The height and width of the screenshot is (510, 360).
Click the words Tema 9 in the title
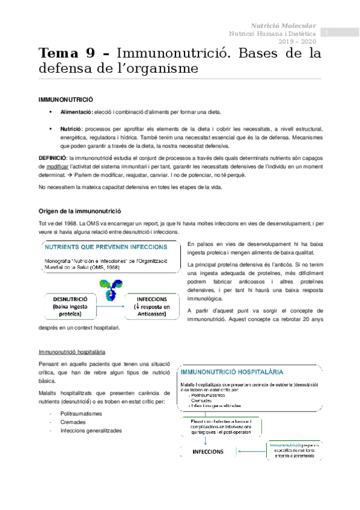[66, 53]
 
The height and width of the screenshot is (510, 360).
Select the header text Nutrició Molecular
[283, 26]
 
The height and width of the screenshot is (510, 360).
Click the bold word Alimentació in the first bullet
[76, 112]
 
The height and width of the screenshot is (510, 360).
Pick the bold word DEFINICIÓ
[49, 156]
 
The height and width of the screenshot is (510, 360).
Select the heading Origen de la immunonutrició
[79, 211]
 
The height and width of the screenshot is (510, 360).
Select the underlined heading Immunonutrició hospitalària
[70, 351]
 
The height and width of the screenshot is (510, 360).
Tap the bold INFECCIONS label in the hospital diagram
[209, 452]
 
